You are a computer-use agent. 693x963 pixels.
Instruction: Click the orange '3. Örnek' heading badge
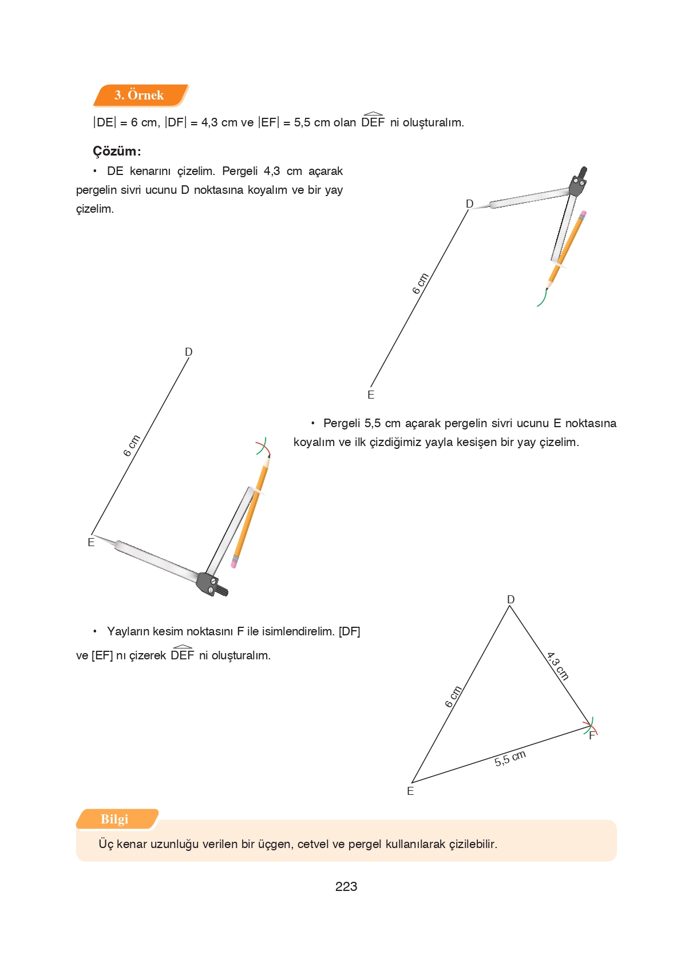(x=140, y=95)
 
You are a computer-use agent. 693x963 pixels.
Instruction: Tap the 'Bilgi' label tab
(x=115, y=819)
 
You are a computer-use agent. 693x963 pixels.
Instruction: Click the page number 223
(x=346, y=886)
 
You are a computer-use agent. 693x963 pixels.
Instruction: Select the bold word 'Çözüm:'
(x=117, y=151)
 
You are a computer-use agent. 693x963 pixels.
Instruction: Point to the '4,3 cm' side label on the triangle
(x=557, y=666)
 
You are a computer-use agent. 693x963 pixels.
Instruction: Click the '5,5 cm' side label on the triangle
(x=510, y=758)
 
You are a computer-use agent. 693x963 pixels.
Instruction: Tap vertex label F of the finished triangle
(x=592, y=736)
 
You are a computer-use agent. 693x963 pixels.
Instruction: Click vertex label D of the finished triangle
(x=510, y=599)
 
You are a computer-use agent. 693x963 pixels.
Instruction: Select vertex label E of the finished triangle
(x=410, y=791)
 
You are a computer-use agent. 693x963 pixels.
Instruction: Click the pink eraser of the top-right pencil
(x=583, y=214)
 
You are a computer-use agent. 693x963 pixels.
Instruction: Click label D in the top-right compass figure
(x=469, y=204)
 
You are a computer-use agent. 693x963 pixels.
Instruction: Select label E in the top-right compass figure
(x=371, y=395)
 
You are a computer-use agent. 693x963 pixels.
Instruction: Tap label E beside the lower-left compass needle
(x=91, y=542)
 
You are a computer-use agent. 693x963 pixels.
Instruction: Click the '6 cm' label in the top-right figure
(x=421, y=284)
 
